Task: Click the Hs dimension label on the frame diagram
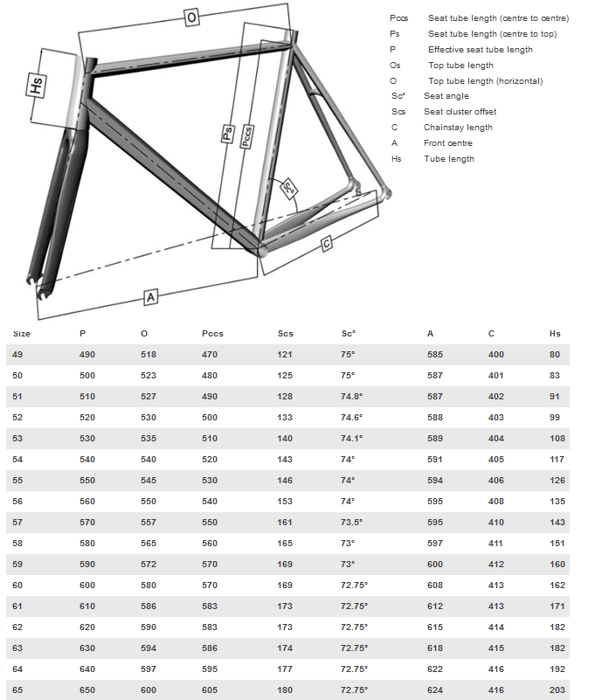(x=37, y=87)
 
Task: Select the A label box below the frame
(x=150, y=298)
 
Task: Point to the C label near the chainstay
(x=327, y=244)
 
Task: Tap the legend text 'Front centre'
(x=448, y=143)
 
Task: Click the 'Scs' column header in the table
(x=286, y=334)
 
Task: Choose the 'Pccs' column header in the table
(x=212, y=334)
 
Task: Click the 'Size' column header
(x=22, y=334)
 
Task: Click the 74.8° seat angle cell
(x=352, y=397)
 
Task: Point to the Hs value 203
(x=557, y=690)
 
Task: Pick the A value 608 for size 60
(x=435, y=586)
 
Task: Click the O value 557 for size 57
(x=149, y=523)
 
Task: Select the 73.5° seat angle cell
(x=352, y=523)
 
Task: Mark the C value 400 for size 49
(x=496, y=355)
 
